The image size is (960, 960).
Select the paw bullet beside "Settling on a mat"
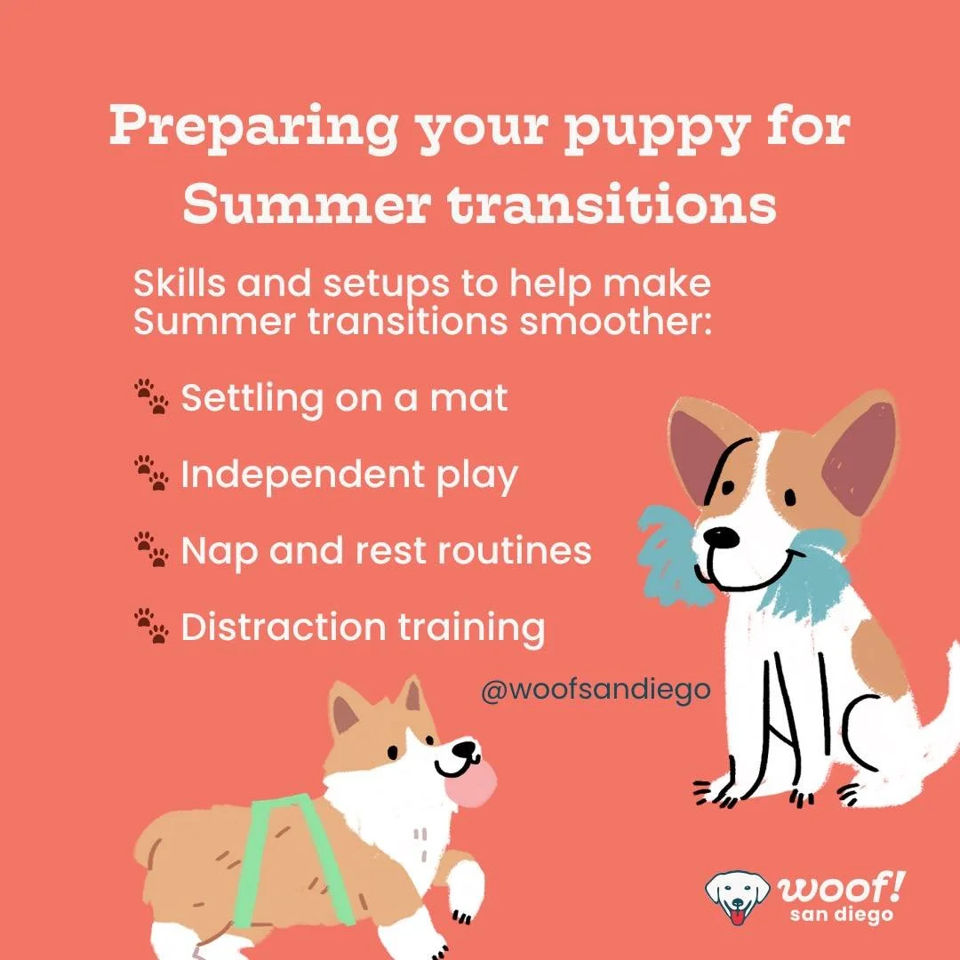[151, 396]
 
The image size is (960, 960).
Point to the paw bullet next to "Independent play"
[151, 473]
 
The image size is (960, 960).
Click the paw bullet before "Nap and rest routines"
[151, 549]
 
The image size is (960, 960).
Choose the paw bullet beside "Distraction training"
[151, 626]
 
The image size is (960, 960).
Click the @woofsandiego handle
[596, 691]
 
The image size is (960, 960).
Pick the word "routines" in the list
[515, 550]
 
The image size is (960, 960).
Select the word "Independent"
[303, 475]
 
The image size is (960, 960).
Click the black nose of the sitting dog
[721, 537]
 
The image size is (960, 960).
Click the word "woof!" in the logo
[841, 888]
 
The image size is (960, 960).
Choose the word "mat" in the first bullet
[468, 398]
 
